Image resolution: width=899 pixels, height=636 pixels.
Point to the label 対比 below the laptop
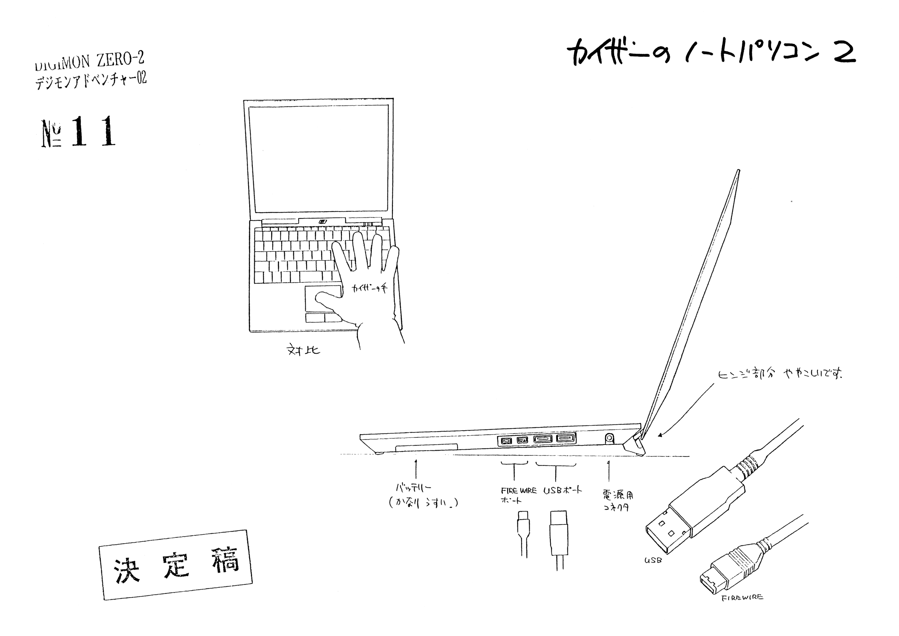(304, 350)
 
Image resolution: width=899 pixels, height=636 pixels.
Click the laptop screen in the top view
(319, 159)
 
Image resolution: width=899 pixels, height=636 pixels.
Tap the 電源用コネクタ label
(617, 501)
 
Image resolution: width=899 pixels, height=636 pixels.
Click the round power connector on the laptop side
(610, 438)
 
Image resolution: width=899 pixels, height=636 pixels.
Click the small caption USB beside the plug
(653, 560)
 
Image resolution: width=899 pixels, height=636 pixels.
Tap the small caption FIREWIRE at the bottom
(742, 598)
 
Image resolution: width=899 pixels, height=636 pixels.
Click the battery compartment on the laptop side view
(426, 447)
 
